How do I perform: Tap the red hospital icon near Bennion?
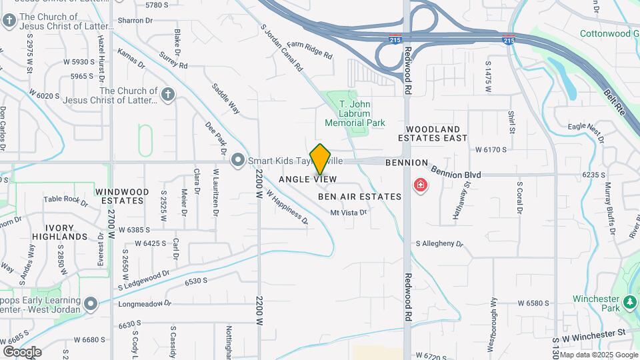[421, 185]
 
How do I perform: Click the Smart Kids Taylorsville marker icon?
[237, 160]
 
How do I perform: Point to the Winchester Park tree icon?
[629, 303]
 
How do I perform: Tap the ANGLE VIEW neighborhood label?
[307, 179]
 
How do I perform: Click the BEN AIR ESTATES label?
[359, 197]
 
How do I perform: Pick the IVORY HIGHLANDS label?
[59, 232]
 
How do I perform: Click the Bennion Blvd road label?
[456, 174]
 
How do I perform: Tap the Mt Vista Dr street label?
[349, 213]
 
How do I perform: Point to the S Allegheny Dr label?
[439, 245]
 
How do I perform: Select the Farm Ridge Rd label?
[309, 52]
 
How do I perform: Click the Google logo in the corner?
[22, 351]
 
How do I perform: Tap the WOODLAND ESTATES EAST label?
[433, 133]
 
